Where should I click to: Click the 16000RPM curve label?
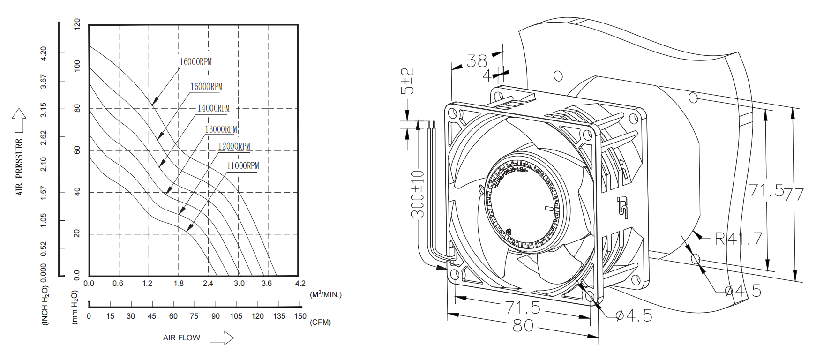click(x=195, y=62)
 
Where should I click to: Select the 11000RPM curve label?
click(x=243, y=166)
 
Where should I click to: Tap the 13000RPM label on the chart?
click(x=221, y=129)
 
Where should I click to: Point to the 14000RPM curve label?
click(x=213, y=108)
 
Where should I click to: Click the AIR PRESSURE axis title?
click(x=19, y=167)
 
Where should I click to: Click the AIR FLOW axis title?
click(x=181, y=337)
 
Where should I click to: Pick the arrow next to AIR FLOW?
click(x=222, y=337)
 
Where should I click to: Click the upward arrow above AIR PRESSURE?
click(x=19, y=120)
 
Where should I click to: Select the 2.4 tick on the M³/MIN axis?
click(x=208, y=284)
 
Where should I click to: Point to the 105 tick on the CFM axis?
click(x=236, y=316)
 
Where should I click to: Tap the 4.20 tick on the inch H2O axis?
click(x=44, y=53)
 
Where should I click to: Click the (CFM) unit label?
click(x=320, y=322)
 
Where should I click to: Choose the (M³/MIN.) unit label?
click(x=326, y=294)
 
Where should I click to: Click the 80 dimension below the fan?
click(x=523, y=325)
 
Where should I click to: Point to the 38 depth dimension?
click(x=477, y=61)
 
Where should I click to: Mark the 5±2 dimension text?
click(x=408, y=81)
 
